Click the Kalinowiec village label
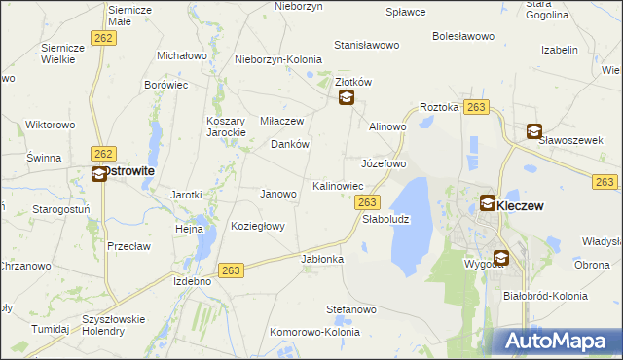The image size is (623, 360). (x=338, y=185)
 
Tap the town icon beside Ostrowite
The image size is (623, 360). (x=98, y=174)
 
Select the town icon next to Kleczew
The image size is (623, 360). (x=488, y=203)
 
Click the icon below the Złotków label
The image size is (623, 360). (x=345, y=97)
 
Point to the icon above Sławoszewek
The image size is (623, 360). (x=534, y=130)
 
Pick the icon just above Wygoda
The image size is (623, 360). (x=500, y=257)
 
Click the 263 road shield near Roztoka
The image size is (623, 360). (x=476, y=107)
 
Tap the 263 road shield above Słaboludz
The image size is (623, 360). (x=367, y=201)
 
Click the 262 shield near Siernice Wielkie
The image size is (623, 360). (x=102, y=37)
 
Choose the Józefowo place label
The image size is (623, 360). (x=384, y=163)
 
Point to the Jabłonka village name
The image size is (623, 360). (x=323, y=260)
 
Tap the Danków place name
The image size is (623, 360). (x=289, y=144)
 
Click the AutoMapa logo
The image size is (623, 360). (x=558, y=342)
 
